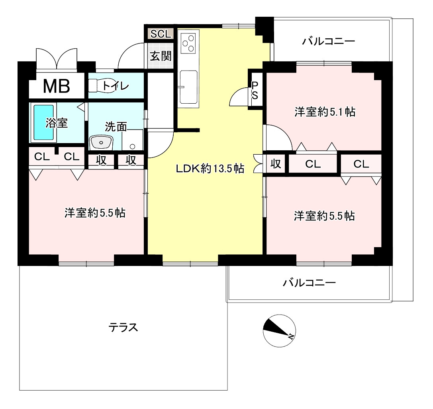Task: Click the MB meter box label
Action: tap(57, 86)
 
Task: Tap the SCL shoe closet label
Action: tap(161, 34)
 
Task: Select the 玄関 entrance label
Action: tap(161, 56)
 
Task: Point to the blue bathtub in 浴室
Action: tap(43, 122)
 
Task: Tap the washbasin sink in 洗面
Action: tap(102, 142)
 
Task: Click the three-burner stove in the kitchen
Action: tap(188, 43)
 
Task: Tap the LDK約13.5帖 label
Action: tap(210, 169)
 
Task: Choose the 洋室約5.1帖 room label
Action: tap(325, 112)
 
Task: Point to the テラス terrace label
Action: tap(123, 328)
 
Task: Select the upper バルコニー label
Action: tap(328, 41)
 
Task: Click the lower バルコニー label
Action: tap(310, 283)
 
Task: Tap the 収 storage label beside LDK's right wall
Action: tap(276, 164)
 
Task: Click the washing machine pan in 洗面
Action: tap(133, 139)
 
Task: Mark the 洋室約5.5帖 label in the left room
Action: tap(95, 213)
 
